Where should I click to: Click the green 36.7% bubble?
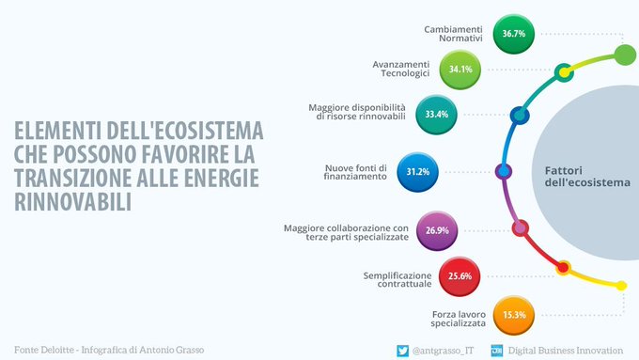[513, 33]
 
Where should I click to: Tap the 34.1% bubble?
[461, 68]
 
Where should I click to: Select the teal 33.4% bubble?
[436, 115]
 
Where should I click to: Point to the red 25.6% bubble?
[460, 276]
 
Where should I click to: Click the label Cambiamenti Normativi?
[453, 34]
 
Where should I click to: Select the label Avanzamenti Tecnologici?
[401, 69]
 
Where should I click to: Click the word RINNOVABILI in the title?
[70, 201]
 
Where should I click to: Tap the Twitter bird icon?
[401, 350]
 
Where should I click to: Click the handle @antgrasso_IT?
[443, 351]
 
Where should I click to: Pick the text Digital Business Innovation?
[569, 351]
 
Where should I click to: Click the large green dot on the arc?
[625, 55]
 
